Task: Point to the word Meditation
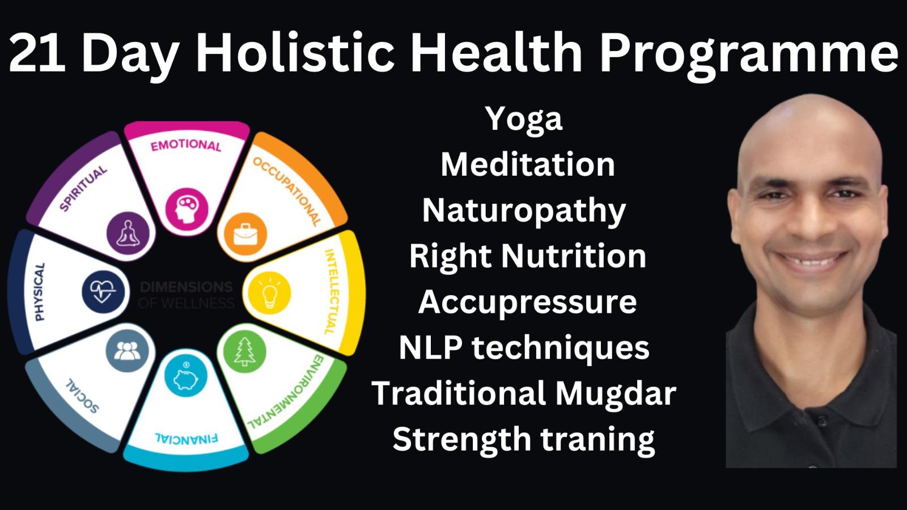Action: (528, 165)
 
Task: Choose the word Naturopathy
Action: (524, 211)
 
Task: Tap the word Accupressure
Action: (527, 302)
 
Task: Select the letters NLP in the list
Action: (430, 347)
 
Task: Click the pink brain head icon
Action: (187, 209)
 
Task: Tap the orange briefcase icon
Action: (245, 234)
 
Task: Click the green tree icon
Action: (245, 352)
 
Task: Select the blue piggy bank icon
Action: (185, 376)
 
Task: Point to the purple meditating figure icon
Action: (128, 233)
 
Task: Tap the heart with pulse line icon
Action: (103, 292)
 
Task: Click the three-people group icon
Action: (127, 351)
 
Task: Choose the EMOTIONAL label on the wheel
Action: (186, 145)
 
